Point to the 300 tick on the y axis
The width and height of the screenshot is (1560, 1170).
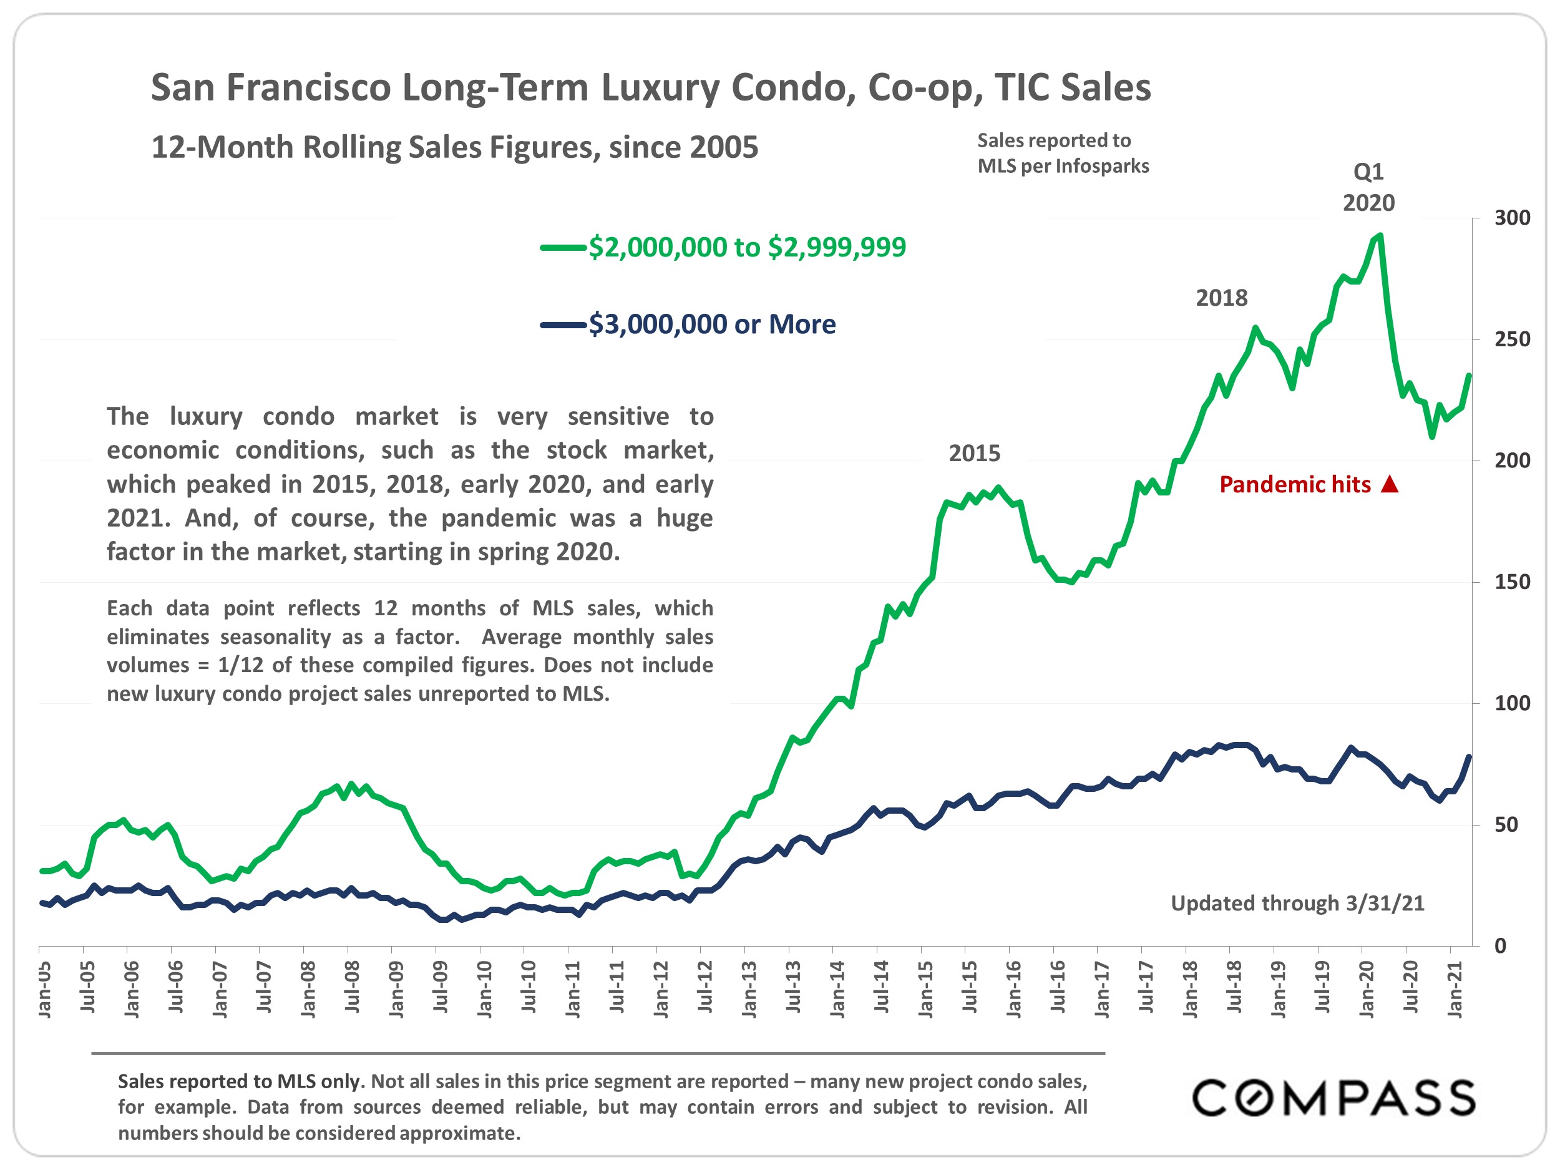tap(1512, 218)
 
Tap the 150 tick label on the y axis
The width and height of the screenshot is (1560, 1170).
tap(1512, 583)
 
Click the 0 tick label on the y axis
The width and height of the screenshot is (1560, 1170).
tap(1501, 947)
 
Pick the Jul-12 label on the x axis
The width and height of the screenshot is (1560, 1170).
tap(704, 987)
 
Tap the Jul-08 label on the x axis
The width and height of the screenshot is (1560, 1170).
tap(352, 987)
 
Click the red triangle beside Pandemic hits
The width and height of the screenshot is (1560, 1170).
tap(1389, 484)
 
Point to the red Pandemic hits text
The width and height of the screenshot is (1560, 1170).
tap(1295, 484)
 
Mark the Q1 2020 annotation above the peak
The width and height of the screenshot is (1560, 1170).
tap(1368, 188)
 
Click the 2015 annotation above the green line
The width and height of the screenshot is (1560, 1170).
tap(974, 454)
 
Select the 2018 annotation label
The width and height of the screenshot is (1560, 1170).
tap(1222, 298)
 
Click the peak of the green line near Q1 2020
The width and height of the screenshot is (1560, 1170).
tap(1380, 235)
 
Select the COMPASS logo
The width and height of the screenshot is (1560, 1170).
tap(1333, 1098)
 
